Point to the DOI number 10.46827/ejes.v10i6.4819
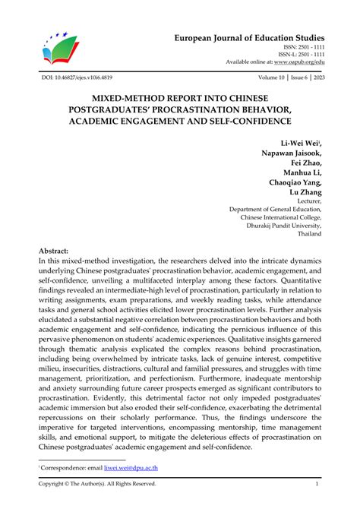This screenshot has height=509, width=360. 76,77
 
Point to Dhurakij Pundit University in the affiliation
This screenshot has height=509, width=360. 285,225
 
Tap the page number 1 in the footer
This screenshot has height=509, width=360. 317,483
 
